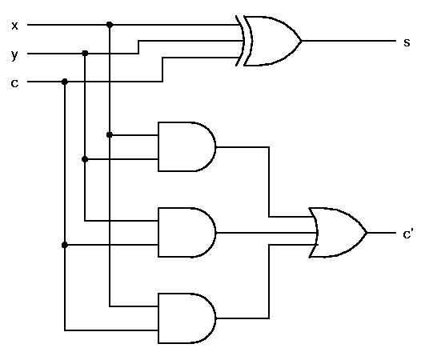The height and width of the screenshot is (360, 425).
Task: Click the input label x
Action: click(x=14, y=26)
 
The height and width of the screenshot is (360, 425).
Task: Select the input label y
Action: click(x=14, y=55)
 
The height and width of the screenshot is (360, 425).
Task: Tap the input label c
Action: click(x=14, y=83)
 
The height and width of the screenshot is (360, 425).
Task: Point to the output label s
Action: click(x=407, y=42)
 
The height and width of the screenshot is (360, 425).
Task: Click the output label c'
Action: click(x=408, y=234)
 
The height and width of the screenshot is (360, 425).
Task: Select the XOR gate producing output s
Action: click(x=269, y=41)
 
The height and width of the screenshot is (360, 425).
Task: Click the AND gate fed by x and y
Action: click(x=187, y=147)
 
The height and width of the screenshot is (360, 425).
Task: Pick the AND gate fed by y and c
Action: click(x=187, y=233)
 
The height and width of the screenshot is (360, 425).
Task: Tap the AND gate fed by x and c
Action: click(x=187, y=318)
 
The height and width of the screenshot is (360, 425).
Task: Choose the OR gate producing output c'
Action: click(x=338, y=233)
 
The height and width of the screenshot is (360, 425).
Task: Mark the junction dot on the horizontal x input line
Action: click(x=110, y=25)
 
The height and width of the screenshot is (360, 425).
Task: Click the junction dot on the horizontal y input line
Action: click(x=85, y=54)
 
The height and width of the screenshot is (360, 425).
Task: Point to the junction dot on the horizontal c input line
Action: click(x=65, y=82)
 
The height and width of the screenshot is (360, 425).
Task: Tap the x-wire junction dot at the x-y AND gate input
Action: click(x=110, y=134)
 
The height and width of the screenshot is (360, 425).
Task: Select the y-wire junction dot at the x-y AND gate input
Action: click(x=85, y=159)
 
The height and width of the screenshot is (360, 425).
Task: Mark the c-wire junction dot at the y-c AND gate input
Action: click(x=65, y=245)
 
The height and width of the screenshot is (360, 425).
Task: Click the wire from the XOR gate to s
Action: click(x=349, y=41)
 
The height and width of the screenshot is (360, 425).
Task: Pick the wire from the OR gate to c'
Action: click(x=382, y=233)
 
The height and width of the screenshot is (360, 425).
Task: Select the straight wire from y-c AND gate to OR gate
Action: click(x=267, y=233)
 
